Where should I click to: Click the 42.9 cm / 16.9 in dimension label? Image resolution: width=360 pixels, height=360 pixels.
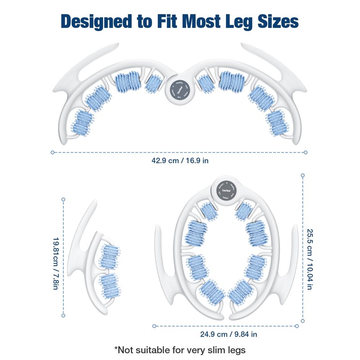coord(180,160)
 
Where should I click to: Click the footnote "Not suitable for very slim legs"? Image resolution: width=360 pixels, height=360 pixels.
coord(180,349)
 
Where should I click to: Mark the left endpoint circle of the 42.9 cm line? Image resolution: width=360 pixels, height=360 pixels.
coord(53,152)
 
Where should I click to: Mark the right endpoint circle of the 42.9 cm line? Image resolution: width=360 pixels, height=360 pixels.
coord(306,152)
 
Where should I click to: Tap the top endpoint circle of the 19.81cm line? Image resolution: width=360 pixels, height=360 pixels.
coord(63,199)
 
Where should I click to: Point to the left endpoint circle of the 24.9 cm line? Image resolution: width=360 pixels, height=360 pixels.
coord(153,326)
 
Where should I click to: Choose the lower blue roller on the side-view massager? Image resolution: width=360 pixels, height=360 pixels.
coord(108,285)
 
